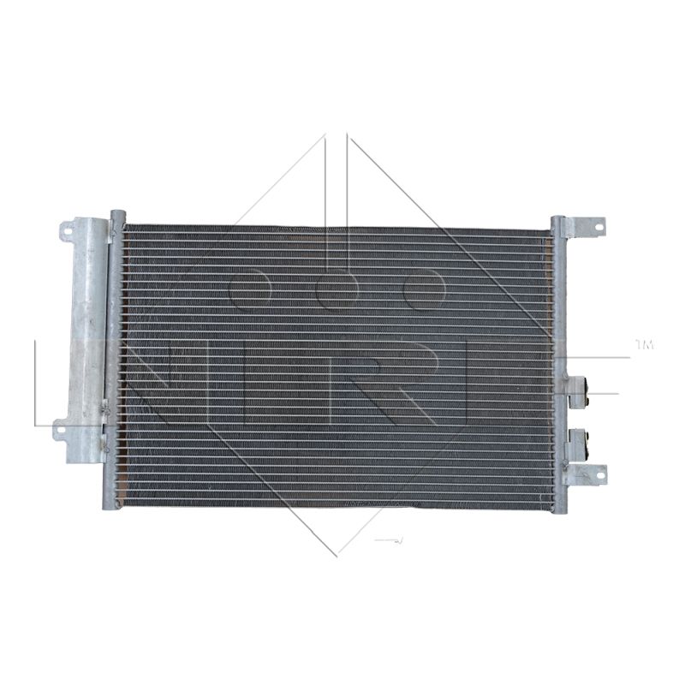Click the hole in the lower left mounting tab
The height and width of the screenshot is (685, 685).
pyautogui.click(x=59, y=430)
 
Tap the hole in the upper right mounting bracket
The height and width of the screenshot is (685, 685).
pyautogui.click(x=598, y=227)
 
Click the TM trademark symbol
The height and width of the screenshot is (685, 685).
pyautogui.click(x=645, y=345)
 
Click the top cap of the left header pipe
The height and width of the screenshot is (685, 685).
pyautogui.click(x=118, y=214)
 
